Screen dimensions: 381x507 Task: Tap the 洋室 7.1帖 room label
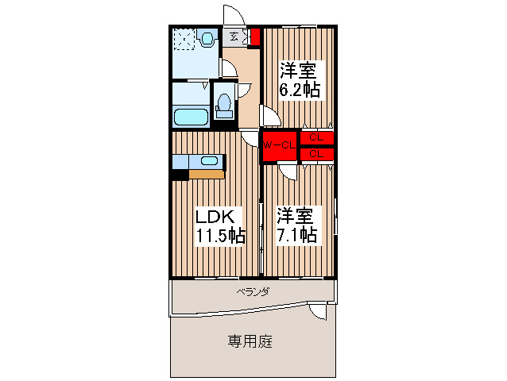click(297, 225)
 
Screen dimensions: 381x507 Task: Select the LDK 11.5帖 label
click(220, 225)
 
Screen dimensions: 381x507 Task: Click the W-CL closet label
click(280, 145)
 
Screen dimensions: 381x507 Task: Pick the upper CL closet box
click(316, 137)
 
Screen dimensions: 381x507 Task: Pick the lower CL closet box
click(316, 153)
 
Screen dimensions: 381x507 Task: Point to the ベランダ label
click(253, 292)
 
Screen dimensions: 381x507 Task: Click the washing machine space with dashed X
click(184, 39)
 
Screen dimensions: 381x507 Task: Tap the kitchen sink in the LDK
click(209, 161)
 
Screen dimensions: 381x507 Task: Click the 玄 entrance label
click(234, 36)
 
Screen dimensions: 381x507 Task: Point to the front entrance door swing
click(233, 17)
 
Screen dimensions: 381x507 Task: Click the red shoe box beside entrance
click(255, 36)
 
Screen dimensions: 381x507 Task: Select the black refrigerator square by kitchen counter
click(180, 175)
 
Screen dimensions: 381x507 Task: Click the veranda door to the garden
click(318, 311)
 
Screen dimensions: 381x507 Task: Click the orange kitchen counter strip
click(206, 175)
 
